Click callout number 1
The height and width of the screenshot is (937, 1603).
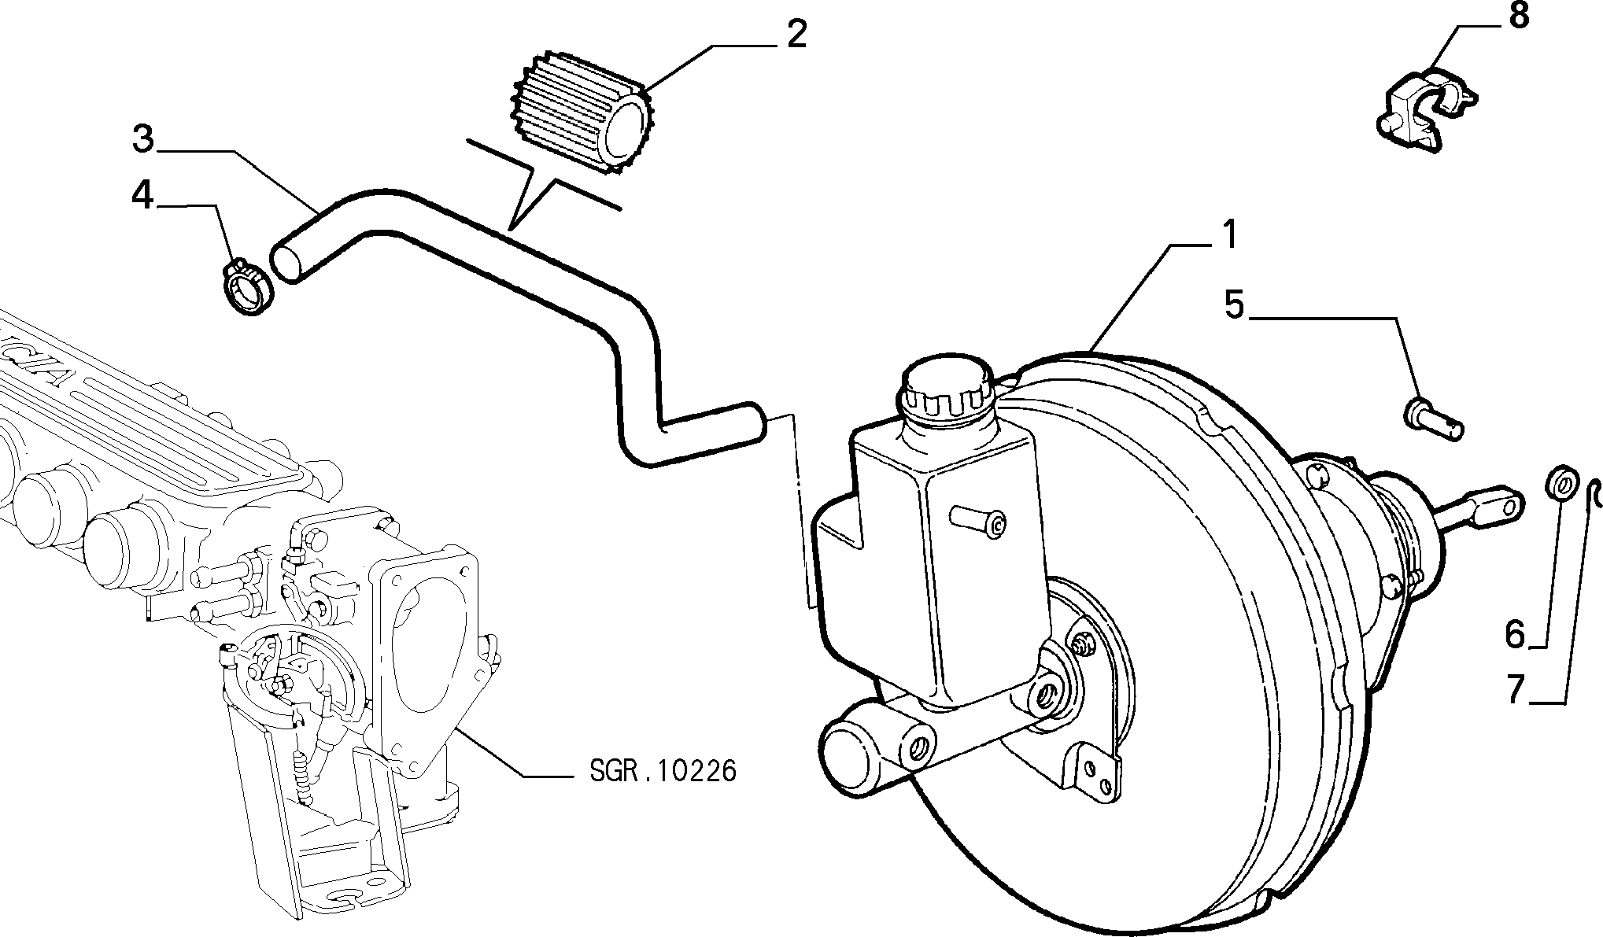(x=1228, y=236)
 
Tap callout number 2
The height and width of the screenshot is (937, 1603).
(x=796, y=35)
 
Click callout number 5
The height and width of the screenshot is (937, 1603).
(x=1235, y=304)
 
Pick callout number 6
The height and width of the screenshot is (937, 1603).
(x=1515, y=633)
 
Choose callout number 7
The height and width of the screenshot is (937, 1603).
(x=1516, y=689)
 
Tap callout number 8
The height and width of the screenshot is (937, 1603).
(x=1518, y=17)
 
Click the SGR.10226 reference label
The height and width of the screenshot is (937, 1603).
(x=663, y=771)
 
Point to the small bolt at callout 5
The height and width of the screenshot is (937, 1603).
(x=1434, y=420)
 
